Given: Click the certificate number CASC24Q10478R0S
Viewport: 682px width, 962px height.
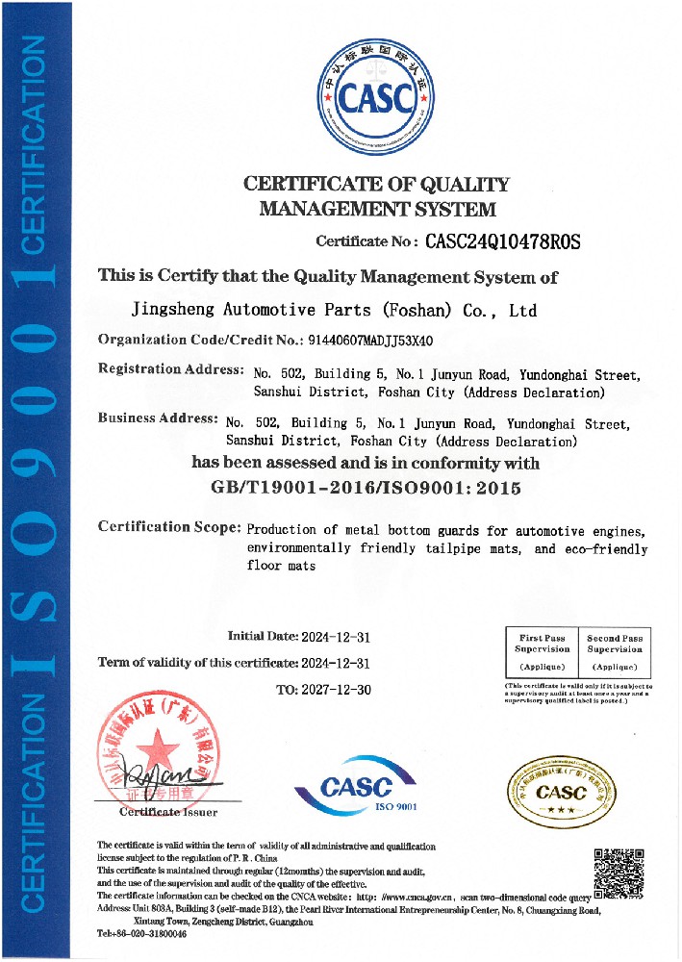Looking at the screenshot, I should [503, 241].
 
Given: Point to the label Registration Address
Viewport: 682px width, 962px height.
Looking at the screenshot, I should [171, 369].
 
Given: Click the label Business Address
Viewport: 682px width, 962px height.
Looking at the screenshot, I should [158, 418].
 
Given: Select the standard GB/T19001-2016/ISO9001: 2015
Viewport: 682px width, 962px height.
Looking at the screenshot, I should [365, 488].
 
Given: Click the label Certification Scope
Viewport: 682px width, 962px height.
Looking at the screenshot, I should [169, 527].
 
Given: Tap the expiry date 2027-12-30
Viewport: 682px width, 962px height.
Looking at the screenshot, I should [337, 690].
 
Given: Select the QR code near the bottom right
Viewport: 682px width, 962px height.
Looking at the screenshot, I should [618, 870].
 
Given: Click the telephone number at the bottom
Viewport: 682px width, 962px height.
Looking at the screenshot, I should [144, 934].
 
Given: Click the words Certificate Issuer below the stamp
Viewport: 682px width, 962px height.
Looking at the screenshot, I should [168, 813].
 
